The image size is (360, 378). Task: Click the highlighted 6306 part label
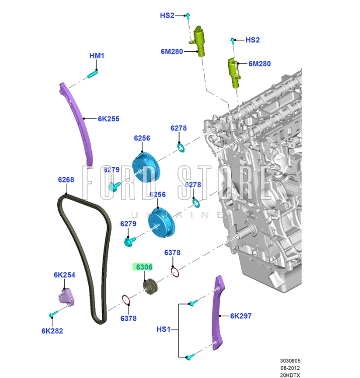coord(144,267)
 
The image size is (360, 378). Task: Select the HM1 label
coord(97,56)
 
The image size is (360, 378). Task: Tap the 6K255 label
coord(109,119)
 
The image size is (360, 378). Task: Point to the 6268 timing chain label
coord(66,179)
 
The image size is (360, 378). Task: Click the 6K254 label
coord(64,275)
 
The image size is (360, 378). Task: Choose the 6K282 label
coord(52,331)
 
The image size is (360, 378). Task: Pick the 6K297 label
coord(241,316)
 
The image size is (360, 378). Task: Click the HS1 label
coord(163,329)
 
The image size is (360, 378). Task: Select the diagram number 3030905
coord(290,361)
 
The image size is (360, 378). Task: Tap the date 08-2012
coord(290,368)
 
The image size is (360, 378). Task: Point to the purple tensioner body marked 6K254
coord(66,298)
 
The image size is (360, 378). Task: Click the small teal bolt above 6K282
coord(53,314)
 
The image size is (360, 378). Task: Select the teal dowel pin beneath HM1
coord(93,73)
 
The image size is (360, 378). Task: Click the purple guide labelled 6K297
coord(218,313)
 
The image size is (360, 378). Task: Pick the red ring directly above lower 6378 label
coord(126,300)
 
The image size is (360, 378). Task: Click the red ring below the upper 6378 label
coord(175,272)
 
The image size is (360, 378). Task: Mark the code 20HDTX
coord(290,375)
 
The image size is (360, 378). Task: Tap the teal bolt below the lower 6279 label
coord(130,242)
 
